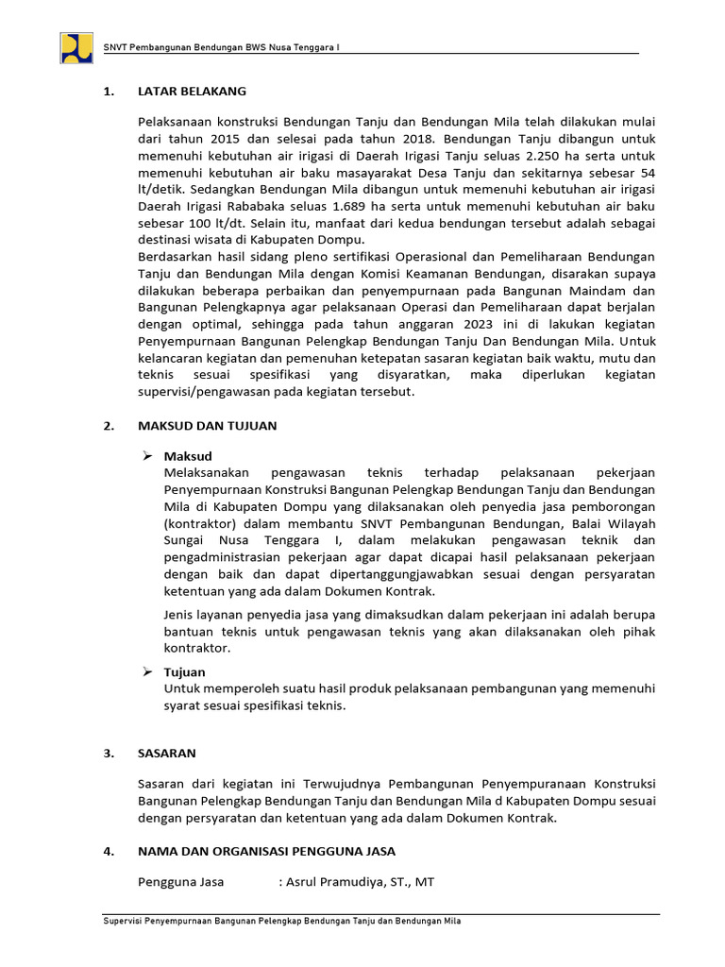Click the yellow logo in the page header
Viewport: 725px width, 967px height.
tap(76, 48)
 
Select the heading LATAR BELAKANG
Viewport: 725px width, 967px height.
tap(192, 92)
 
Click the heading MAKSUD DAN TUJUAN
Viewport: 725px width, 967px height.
tap(207, 426)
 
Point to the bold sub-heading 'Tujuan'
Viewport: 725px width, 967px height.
tap(185, 672)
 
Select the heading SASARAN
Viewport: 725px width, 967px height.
tap(166, 754)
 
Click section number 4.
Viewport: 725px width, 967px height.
tap(108, 852)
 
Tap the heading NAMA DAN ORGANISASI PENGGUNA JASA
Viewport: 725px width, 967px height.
tap(266, 852)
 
